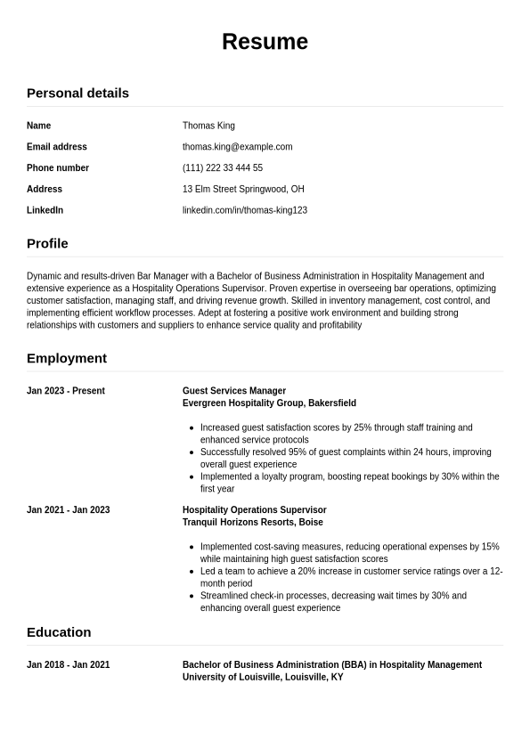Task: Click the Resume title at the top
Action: tap(265, 42)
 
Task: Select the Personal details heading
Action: tap(77, 93)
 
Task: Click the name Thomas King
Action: tap(208, 126)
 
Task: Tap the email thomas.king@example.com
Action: tap(237, 147)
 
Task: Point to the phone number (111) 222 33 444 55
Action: tap(223, 168)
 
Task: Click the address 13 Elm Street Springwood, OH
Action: tap(243, 190)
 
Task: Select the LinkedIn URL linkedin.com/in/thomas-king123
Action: tap(245, 210)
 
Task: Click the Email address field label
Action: tap(57, 147)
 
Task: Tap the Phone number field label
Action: tap(58, 168)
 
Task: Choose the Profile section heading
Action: tap(47, 243)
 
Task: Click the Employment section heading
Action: tap(67, 358)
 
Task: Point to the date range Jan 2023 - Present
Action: tap(66, 391)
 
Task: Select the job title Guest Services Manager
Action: tap(234, 391)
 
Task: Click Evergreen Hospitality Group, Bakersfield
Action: tap(269, 403)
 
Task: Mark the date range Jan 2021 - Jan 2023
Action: tap(69, 510)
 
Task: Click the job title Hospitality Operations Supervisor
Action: tap(255, 510)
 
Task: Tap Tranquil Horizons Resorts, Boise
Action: tap(253, 523)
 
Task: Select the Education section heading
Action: tap(59, 632)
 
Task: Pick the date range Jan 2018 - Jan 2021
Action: tap(69, 665)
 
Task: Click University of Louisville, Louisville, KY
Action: tap(263, 678)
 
